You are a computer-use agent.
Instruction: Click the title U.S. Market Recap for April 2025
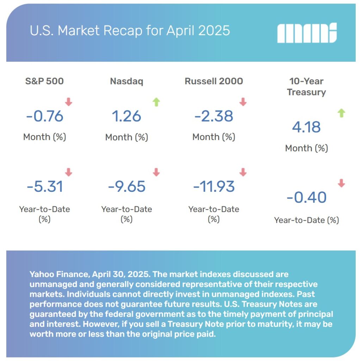coord(130,31)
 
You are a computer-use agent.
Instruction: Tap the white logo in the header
coord(307,33)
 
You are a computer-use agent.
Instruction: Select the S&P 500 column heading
coord(44,81)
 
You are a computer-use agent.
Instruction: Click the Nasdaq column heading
coord(126,81)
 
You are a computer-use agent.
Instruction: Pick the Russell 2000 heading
coord(213,81)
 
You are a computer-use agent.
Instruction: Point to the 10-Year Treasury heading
coord(306,87)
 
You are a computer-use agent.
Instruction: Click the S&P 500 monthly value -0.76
coord(44,116)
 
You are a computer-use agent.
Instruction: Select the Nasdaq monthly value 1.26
coord(126,116)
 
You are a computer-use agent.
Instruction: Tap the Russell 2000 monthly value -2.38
coord(213,116)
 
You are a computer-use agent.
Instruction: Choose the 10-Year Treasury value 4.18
coord(306,127)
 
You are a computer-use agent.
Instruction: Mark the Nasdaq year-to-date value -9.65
coord(126,186)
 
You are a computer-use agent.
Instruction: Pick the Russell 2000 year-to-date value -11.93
coord(213,186)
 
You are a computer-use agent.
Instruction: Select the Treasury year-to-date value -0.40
coord(306,197)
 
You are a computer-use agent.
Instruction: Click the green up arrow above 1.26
coord(156,102)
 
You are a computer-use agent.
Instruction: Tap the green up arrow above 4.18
coord(341,113)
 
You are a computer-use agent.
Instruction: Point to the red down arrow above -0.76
coord(68,102)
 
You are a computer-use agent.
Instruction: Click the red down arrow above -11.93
coord(242,172)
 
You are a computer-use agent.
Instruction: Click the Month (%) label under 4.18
coord(306,148)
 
